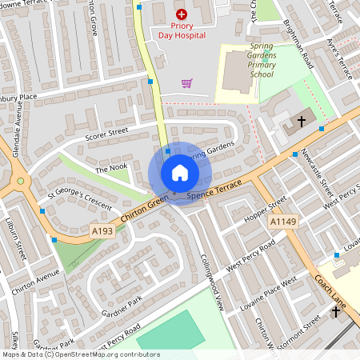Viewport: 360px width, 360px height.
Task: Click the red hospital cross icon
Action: [181, 14]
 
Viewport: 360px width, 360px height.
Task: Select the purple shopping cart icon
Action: [187, 82]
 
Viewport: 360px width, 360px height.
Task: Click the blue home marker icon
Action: [180, 173]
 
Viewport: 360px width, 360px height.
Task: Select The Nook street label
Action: [111, 168]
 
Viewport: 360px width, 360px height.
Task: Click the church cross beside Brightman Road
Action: [302, 122]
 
